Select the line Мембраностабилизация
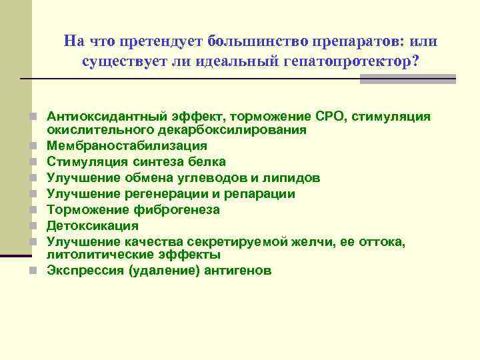coord(127,145)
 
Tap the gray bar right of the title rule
coord(407,79)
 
